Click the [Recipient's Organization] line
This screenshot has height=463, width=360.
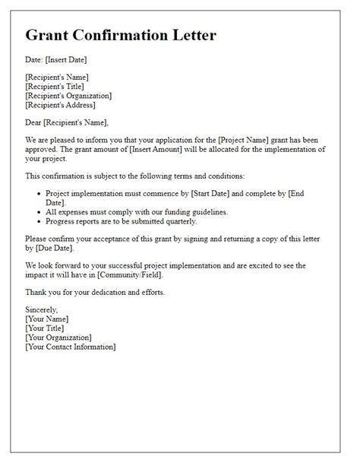click(x=68, y=96)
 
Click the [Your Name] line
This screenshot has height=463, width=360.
click(x=47, y=319)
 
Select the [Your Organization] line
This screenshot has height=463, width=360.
click(x=58, y=338)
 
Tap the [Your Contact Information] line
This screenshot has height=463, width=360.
click(x=70, y=347)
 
